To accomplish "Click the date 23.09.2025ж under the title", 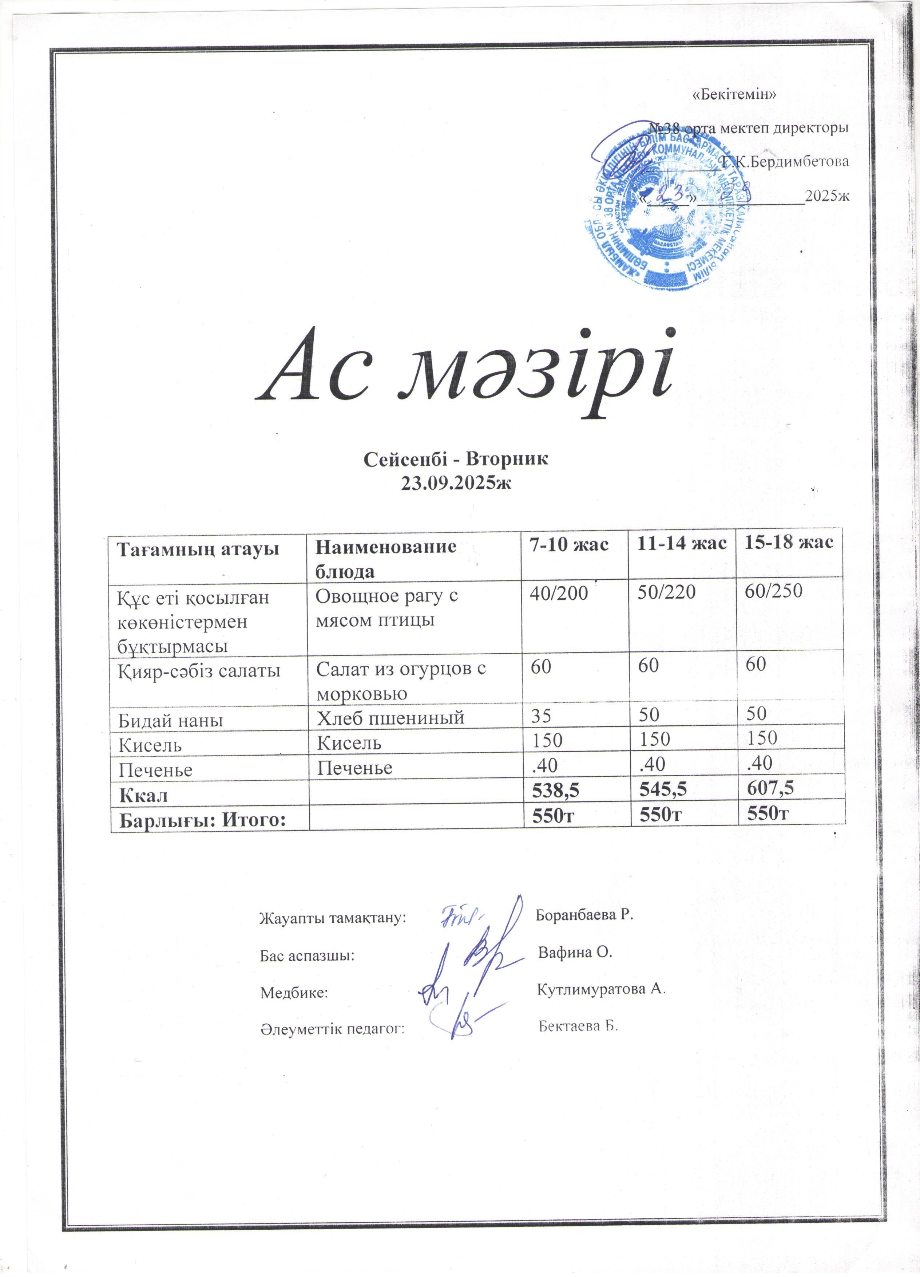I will pos(455,482).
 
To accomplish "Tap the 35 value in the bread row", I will pos(541,715).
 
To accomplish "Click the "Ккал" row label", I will pos(143,795).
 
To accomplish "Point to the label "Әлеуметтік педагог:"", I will pos(333,1029).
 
